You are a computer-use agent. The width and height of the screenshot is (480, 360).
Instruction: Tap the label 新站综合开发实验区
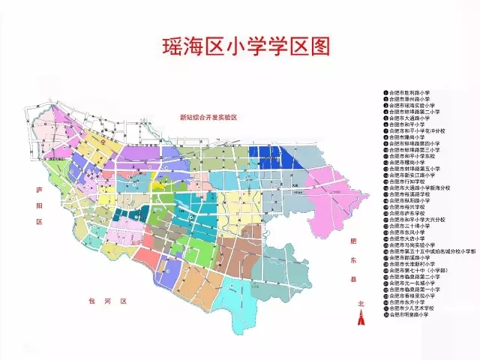208,118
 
